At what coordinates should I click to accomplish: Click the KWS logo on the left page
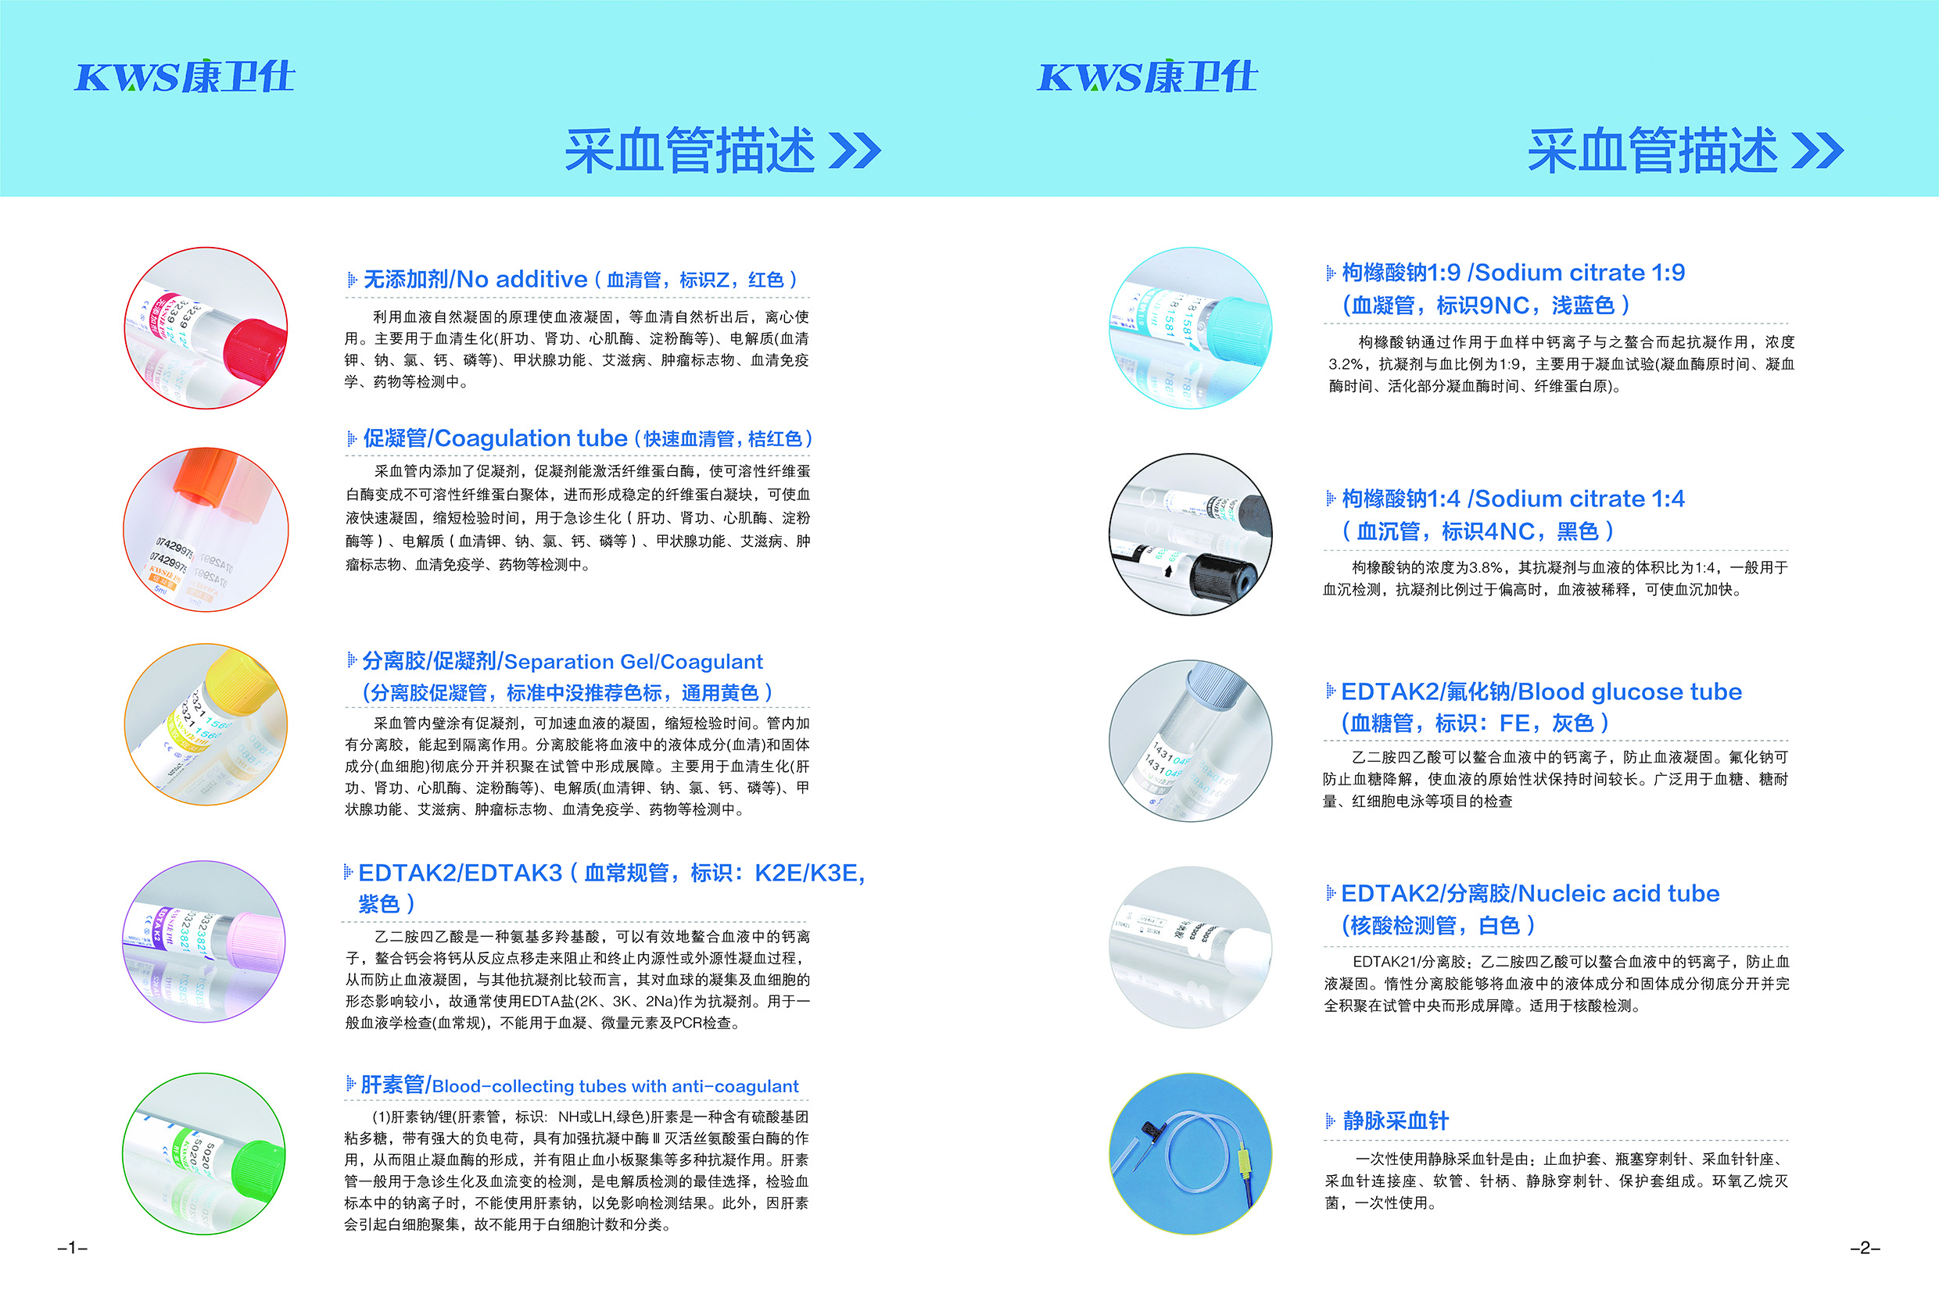(185, 77)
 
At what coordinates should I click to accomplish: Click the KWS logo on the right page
(1146, 77)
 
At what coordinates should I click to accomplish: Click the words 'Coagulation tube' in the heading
(531, 438)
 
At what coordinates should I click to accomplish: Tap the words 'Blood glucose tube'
(1629, 691)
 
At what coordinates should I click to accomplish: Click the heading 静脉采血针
(1395, 1120)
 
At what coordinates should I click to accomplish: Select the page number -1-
(72, 1249)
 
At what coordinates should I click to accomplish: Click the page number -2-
(1865, 1249)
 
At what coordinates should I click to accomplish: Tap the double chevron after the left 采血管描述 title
(855, 151)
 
